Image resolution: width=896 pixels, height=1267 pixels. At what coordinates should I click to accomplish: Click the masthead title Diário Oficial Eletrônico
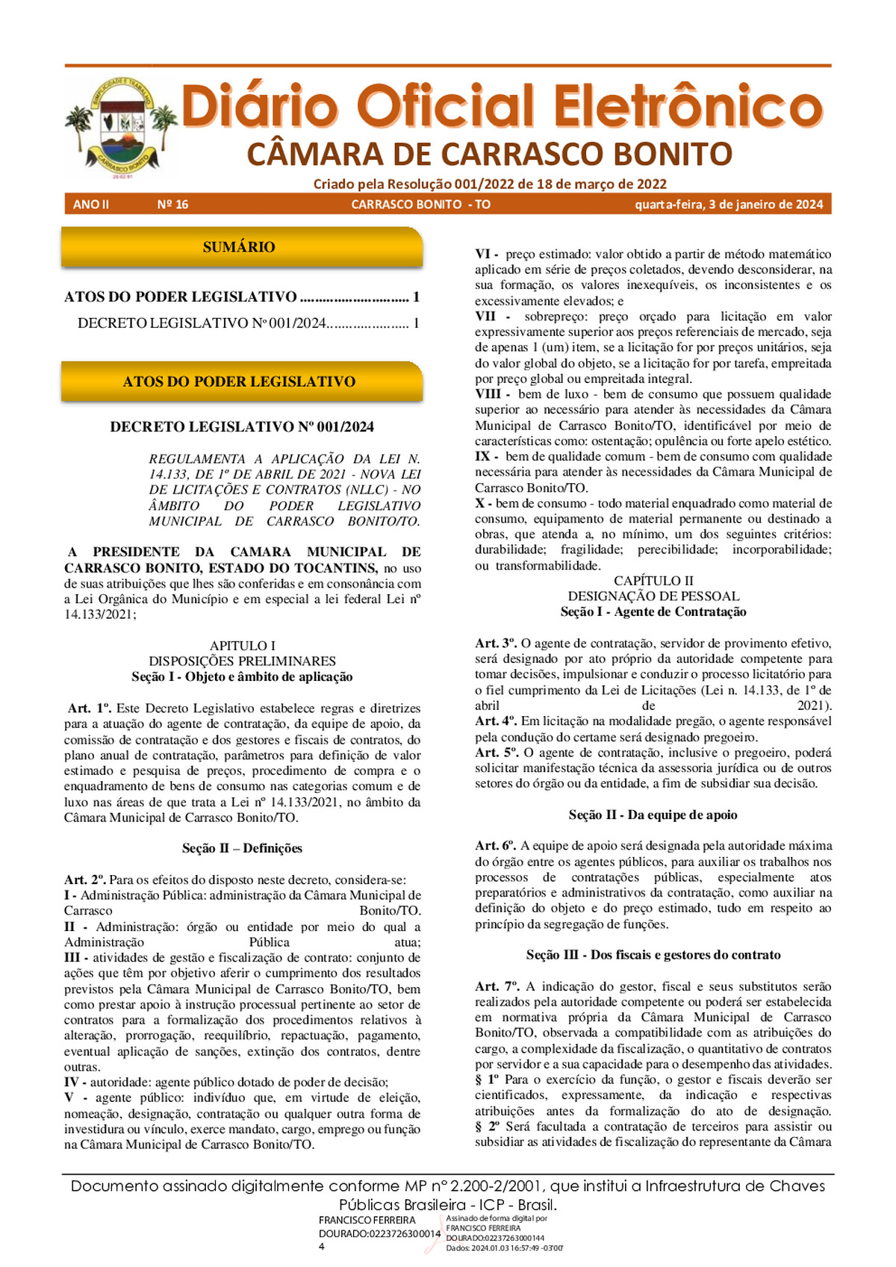pyautogui.click(x=502, y=106)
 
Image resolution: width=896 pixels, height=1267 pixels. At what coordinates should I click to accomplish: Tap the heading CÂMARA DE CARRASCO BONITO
pyautogui.click(x=489, y=155)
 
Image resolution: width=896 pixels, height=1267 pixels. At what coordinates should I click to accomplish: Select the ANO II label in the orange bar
pyautogui.click(x=91, y=205)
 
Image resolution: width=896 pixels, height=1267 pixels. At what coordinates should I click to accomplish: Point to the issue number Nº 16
pyautogui.click(x=172, y=205)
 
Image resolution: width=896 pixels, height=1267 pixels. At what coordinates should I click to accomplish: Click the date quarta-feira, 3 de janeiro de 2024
pyautogui.click(x=729, y=205)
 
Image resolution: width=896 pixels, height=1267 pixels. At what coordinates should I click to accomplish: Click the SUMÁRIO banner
pyautogui.click(x=239, y=247)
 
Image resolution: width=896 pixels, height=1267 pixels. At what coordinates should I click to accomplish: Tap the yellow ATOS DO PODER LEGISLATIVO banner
pyautogui.click(x=239, y=382)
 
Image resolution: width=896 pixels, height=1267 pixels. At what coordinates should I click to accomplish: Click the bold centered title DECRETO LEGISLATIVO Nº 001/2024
pyautogui.click(x=242, y=427)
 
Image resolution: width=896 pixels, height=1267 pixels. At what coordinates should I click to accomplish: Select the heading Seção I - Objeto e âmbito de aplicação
pyautogui.click(x=242, y=677)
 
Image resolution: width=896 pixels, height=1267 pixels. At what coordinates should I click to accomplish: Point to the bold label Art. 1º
pyautogui.click(x=90, y=709)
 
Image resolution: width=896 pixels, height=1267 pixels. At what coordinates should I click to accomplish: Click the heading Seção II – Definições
pyautogui.click(x=242, y=849)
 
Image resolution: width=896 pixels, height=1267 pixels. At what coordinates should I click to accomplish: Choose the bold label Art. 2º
pyautogui.click(x=85, y=880)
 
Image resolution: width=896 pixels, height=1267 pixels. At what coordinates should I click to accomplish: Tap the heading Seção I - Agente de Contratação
pyautogui.click(x=653, y=612)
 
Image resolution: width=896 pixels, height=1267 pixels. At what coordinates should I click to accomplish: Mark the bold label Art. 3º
pyautogui.click(x=496, y=644)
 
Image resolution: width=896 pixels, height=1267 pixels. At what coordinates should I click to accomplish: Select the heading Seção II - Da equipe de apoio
pyautogui.click(x=653, y=815)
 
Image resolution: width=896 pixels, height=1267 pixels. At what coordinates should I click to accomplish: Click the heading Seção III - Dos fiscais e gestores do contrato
pyautogui.click(x=653, y=955)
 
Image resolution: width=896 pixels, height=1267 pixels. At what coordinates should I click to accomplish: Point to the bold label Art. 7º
pyautogui.click(x=497, y=987)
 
